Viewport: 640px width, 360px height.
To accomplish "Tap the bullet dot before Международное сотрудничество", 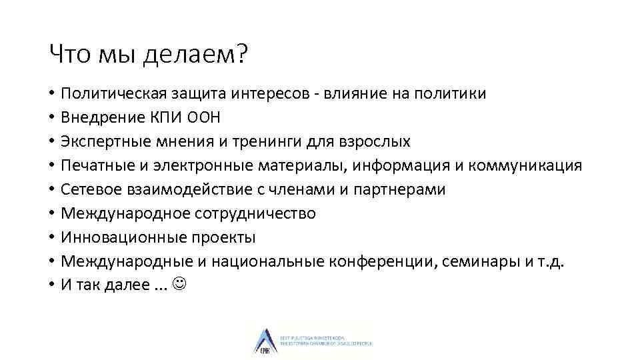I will pyautogui.click(x=51, y=214).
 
